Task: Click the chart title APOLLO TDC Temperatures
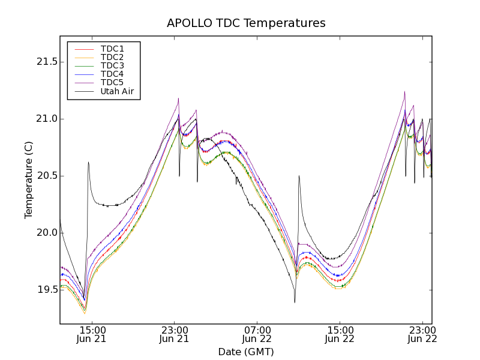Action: pos(246,23)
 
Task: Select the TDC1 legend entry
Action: pos(112,49)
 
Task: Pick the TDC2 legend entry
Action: pos(112,57)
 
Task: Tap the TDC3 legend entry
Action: pos(112,65)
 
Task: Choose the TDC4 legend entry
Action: pos(112,74)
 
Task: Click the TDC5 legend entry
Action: pos(112,82)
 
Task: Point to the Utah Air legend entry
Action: pos(117,91)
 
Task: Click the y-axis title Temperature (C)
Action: pos(29,180)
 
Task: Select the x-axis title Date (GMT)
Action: pos(246,352)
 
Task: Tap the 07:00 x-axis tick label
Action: pos(257,329)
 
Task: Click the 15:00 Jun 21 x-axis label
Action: pos(92,334)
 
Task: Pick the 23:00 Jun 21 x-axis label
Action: pos(174,334)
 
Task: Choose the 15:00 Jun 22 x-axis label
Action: pos(340,334)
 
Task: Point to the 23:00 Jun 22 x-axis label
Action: pos(422,334)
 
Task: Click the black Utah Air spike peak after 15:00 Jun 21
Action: pos(88,162)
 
